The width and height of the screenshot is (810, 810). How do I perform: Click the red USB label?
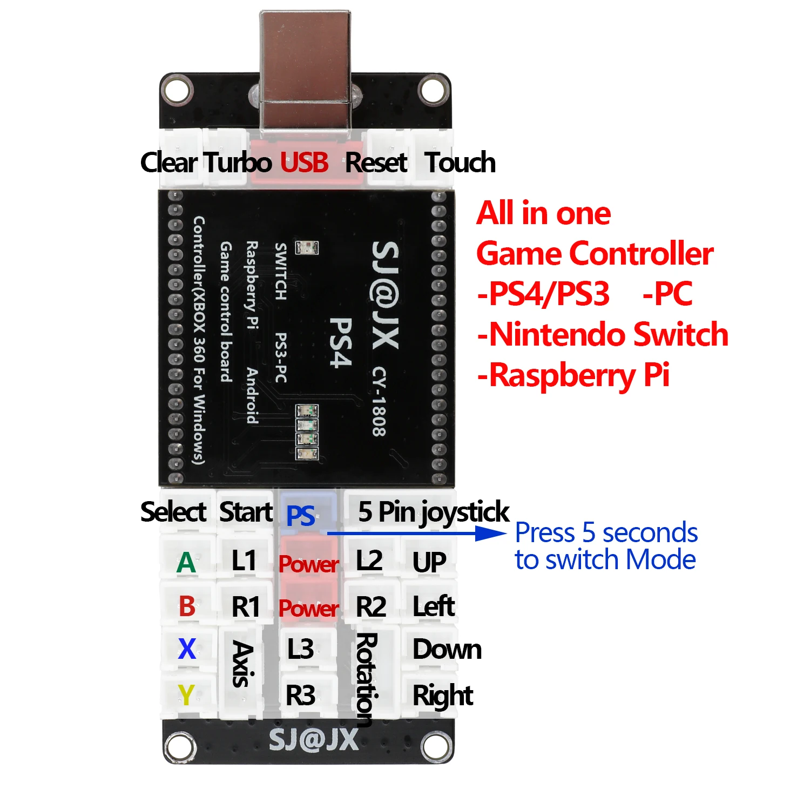coord(304,162)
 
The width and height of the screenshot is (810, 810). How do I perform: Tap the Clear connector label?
coord(169,162)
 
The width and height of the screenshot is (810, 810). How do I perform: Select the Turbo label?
coord(238,162)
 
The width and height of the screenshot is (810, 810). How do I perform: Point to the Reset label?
coord(376,162)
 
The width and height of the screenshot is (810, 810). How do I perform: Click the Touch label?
coord(460,162)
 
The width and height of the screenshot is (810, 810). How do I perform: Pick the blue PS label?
coord(301,516)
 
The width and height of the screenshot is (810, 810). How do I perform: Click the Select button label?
coord(173,511)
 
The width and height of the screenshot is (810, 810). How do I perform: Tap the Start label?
coord(246,511)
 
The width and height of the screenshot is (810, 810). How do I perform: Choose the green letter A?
coord(186,563)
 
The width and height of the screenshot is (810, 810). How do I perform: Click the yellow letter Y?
coord(186,694)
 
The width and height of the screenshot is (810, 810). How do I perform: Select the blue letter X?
coord(187,649)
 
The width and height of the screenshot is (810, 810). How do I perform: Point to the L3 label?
coord(300,649)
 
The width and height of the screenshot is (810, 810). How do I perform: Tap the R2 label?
coord(371,606)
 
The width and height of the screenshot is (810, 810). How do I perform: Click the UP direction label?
coord(429,563)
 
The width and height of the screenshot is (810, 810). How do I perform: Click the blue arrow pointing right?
coord(416,534)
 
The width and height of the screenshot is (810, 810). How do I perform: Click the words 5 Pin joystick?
coord(434,511)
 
